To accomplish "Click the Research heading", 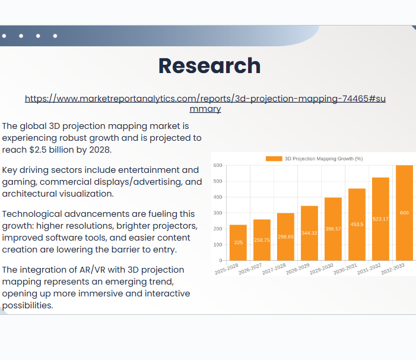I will pyautogui.click(x=209, y=66).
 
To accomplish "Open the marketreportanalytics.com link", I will pyautogui.click(x=205, y=99).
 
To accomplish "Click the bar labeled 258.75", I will pyautogui.click(x=262, y=239).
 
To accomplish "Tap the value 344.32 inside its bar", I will pyautogui.click(x=309, y=233).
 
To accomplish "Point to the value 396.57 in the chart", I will pyautogui.click(x=333, y=229).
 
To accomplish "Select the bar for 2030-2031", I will pyautogui.click(x=357, y=224).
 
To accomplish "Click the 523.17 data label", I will pyautogui.click(x=380, y=219).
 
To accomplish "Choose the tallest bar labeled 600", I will pyautogui.click(x=404, y=213).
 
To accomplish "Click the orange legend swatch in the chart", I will pyautogui.click(x=274, y=159).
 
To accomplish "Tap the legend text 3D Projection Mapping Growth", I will pyautogui.click(x=323, y=159).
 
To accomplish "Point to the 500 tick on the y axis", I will pyautogui.click(x=217, y=181).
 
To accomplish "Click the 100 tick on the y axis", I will pyautogui.click(x=217, y=245).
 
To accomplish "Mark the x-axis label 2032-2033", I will pyautogui.click(x=393, y=269).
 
